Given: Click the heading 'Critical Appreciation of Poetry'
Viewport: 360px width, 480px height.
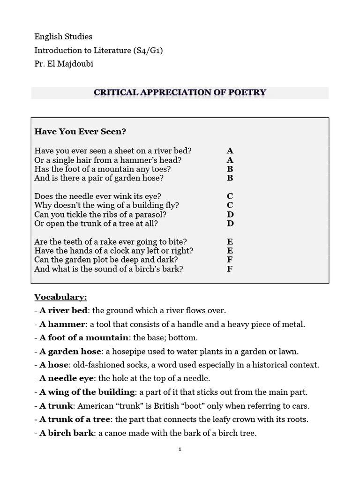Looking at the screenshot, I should tap(180, 92).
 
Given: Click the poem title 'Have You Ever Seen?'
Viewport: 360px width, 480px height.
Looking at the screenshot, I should tap(80, 132).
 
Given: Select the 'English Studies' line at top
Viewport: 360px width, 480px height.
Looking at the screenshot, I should tap(63, 36).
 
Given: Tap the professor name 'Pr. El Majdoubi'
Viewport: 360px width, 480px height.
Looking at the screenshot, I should tap(64, 64).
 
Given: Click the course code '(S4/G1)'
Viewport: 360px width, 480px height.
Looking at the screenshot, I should tap(146, 50).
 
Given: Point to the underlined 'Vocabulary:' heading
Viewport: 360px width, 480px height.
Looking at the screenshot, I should tap(60, 297).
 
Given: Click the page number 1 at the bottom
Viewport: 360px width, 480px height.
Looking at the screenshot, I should tap(180, 449).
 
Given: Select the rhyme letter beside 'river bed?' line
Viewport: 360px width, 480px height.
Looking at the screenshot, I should tap(230, 150).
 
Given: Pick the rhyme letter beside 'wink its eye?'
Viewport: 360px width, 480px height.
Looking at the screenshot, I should tap(230, 196).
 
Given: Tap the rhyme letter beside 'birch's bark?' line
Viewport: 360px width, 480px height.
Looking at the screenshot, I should tap(230, 269).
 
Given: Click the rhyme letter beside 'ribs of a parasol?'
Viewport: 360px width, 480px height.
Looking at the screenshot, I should tap(230, 214).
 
